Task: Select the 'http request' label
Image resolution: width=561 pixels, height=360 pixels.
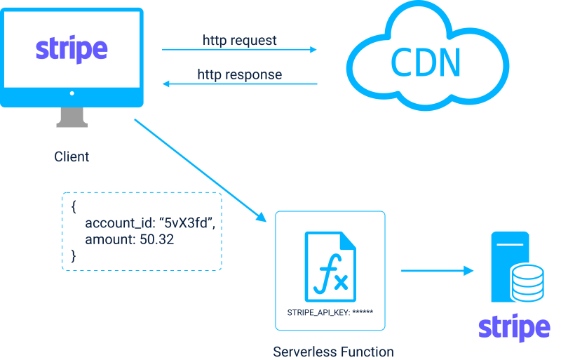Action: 240,40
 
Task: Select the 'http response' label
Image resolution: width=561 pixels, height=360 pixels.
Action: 240,74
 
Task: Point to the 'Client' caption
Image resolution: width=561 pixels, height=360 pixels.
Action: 72,156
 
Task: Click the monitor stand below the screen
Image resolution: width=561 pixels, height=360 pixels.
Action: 72,117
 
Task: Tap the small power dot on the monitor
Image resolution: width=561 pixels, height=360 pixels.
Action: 72,93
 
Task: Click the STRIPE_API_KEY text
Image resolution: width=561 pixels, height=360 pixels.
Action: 330,311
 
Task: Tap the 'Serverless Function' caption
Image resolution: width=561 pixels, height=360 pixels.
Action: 333,352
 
